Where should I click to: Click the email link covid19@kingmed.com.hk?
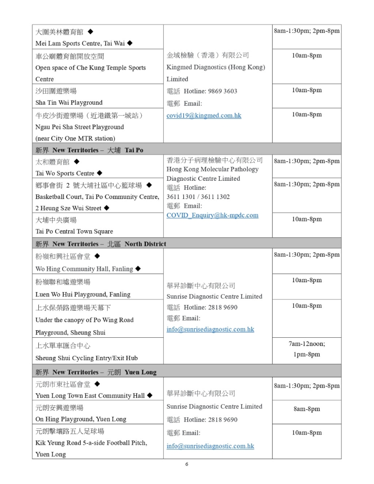(x=204, y=115)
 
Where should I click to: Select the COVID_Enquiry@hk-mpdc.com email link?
(x=213, y=215)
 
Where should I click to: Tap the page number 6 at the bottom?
(x=187, y=464)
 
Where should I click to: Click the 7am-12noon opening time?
(x=307, y=343)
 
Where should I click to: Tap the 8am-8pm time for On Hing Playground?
(x=307, y=409)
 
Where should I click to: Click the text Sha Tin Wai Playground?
(x=69, y=103)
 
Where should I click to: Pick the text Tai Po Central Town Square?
(x=74, y=231)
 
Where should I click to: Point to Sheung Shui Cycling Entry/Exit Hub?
(x=86, y=358)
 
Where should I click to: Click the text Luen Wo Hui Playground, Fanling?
(x=83, y=294)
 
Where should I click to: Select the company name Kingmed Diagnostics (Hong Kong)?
(x=216, y=67)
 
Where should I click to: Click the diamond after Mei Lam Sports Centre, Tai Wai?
(x=129, y=43)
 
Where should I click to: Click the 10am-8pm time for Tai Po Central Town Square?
(x=307, y=219)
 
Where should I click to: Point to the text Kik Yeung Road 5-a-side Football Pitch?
(x=91, y=442)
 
